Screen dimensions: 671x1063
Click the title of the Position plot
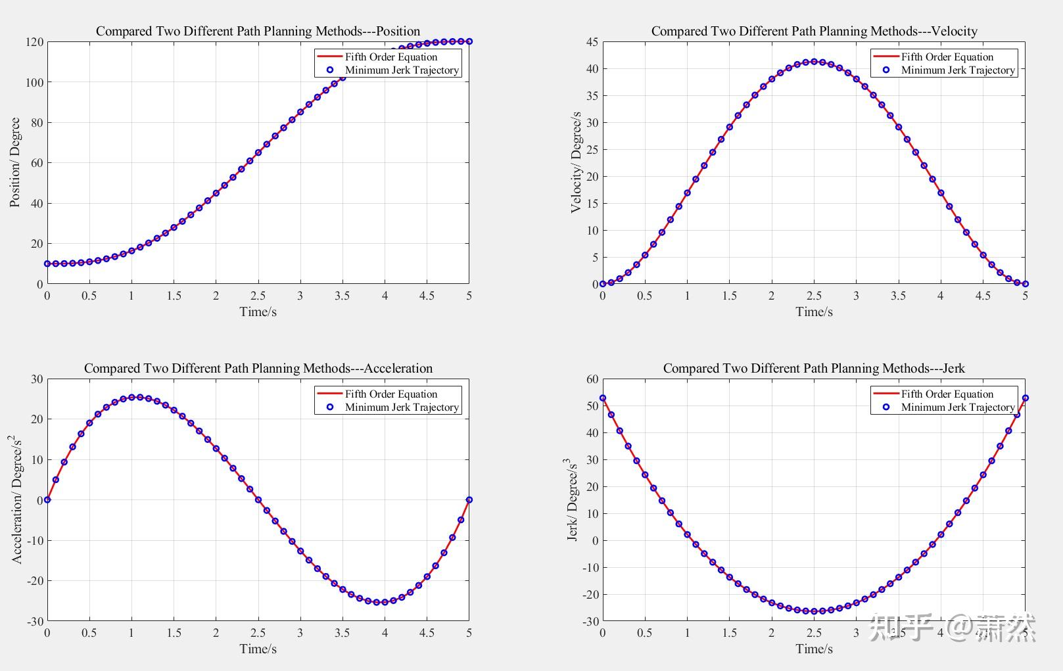(x=258, y=31)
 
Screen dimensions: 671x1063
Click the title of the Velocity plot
(x=814, y=31)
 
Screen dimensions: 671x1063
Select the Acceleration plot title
(x=258, y=368)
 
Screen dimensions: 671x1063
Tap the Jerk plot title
(x=814, y=368)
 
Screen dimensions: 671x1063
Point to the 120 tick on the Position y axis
(x=35, y=42)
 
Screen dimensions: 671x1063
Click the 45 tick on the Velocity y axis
(x=592, y=42)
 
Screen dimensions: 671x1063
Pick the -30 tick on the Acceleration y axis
(x=35, y=621)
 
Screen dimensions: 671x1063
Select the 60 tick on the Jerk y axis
(x=592, y=379)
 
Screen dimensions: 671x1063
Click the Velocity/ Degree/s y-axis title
(x=576, y=162)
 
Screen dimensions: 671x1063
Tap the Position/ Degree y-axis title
(x=15, y=162)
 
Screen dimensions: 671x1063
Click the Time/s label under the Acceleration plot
(x=258, y=649)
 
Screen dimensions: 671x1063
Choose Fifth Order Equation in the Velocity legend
(x=947, y=57)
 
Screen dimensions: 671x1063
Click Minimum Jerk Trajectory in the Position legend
(x=402, y=70)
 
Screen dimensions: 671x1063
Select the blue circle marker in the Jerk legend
(x=886, y=407)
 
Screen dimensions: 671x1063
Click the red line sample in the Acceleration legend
(x=330, y=394)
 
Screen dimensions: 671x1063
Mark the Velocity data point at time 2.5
(x=814, y=62)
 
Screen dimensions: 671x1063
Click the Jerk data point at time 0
(x=603, y=398)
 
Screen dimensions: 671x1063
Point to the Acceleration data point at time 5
(x=469, y=500)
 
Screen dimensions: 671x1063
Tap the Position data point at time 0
(x=47, y=264)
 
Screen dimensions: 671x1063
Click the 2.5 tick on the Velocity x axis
(x=814, y=296)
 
